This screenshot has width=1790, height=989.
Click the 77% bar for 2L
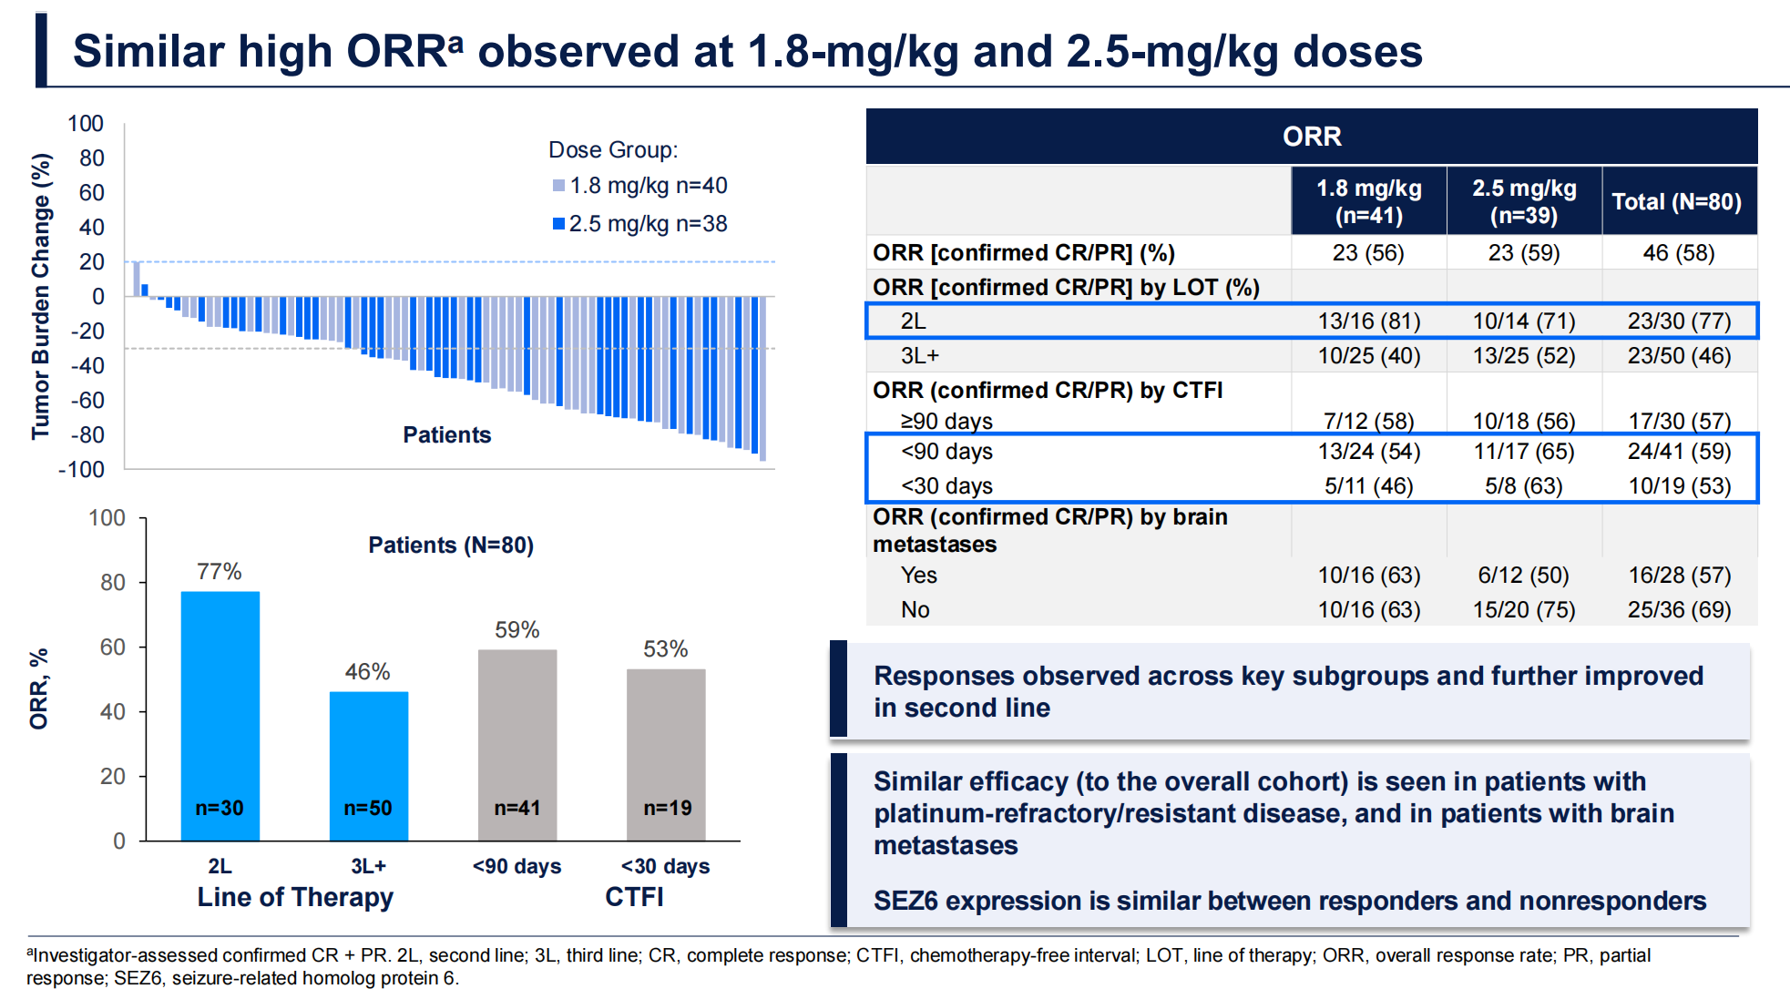220,715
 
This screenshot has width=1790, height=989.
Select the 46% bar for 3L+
368,765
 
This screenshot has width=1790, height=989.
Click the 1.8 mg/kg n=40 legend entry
639,186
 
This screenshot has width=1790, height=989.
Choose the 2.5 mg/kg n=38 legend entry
639,224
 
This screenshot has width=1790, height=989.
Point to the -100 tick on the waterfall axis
82,470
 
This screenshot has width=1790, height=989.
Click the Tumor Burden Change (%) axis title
41,296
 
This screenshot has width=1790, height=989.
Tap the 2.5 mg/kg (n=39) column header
1524,201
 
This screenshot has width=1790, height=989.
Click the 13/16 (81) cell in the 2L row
1368,321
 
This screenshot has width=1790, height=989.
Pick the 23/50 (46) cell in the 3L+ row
1679,356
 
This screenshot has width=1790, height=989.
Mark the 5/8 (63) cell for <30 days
1523,486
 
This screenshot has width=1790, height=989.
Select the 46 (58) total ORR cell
1678,253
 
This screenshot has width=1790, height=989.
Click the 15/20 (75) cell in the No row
1523,610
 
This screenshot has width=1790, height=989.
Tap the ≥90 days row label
946,422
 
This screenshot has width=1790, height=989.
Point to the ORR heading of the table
1311,137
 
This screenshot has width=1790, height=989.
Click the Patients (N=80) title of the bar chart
451,545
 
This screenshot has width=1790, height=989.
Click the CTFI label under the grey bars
634,897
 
